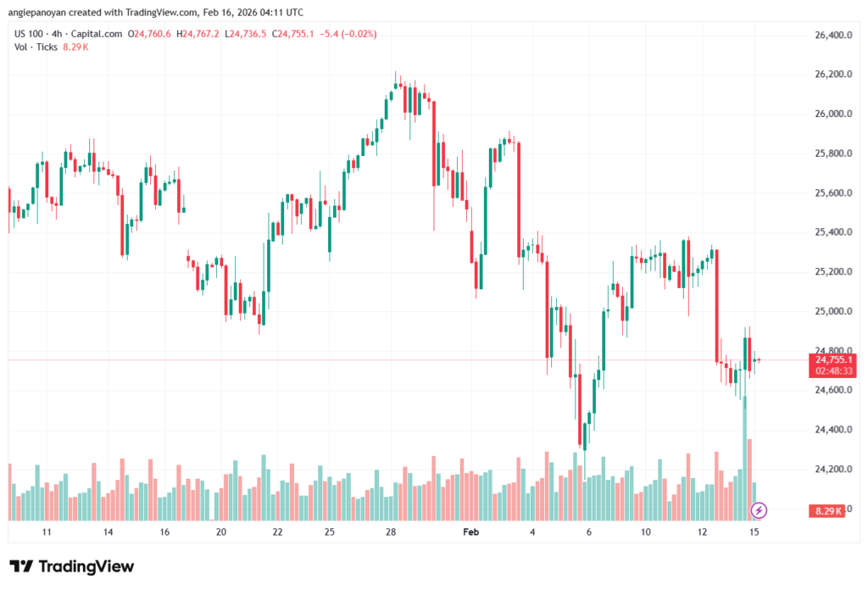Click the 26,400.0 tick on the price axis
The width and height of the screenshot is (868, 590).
pos(826,35)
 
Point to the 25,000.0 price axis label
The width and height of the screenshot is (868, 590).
pos(826,311)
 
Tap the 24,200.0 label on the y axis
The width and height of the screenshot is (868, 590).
pos(826,469)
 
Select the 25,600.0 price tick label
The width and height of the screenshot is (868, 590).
pos(826,193)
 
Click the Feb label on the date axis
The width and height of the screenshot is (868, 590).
pos(470,532)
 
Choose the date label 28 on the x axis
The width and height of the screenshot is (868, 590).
pos(391,532)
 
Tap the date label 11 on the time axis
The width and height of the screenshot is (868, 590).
pos(47,532)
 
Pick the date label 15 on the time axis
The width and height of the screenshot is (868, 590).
pos(753,532)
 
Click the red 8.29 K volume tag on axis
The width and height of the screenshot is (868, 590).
pos(827,510)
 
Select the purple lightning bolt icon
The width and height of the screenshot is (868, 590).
pos(759,509)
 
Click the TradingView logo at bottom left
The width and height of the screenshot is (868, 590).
pos(71,566)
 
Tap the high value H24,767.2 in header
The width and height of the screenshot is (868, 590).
pos(198,34)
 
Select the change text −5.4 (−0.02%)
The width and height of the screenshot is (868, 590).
pos(347,34)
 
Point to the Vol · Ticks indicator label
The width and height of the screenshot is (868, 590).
pos(36,47)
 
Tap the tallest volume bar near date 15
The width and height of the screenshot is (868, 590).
pos(744,458)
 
